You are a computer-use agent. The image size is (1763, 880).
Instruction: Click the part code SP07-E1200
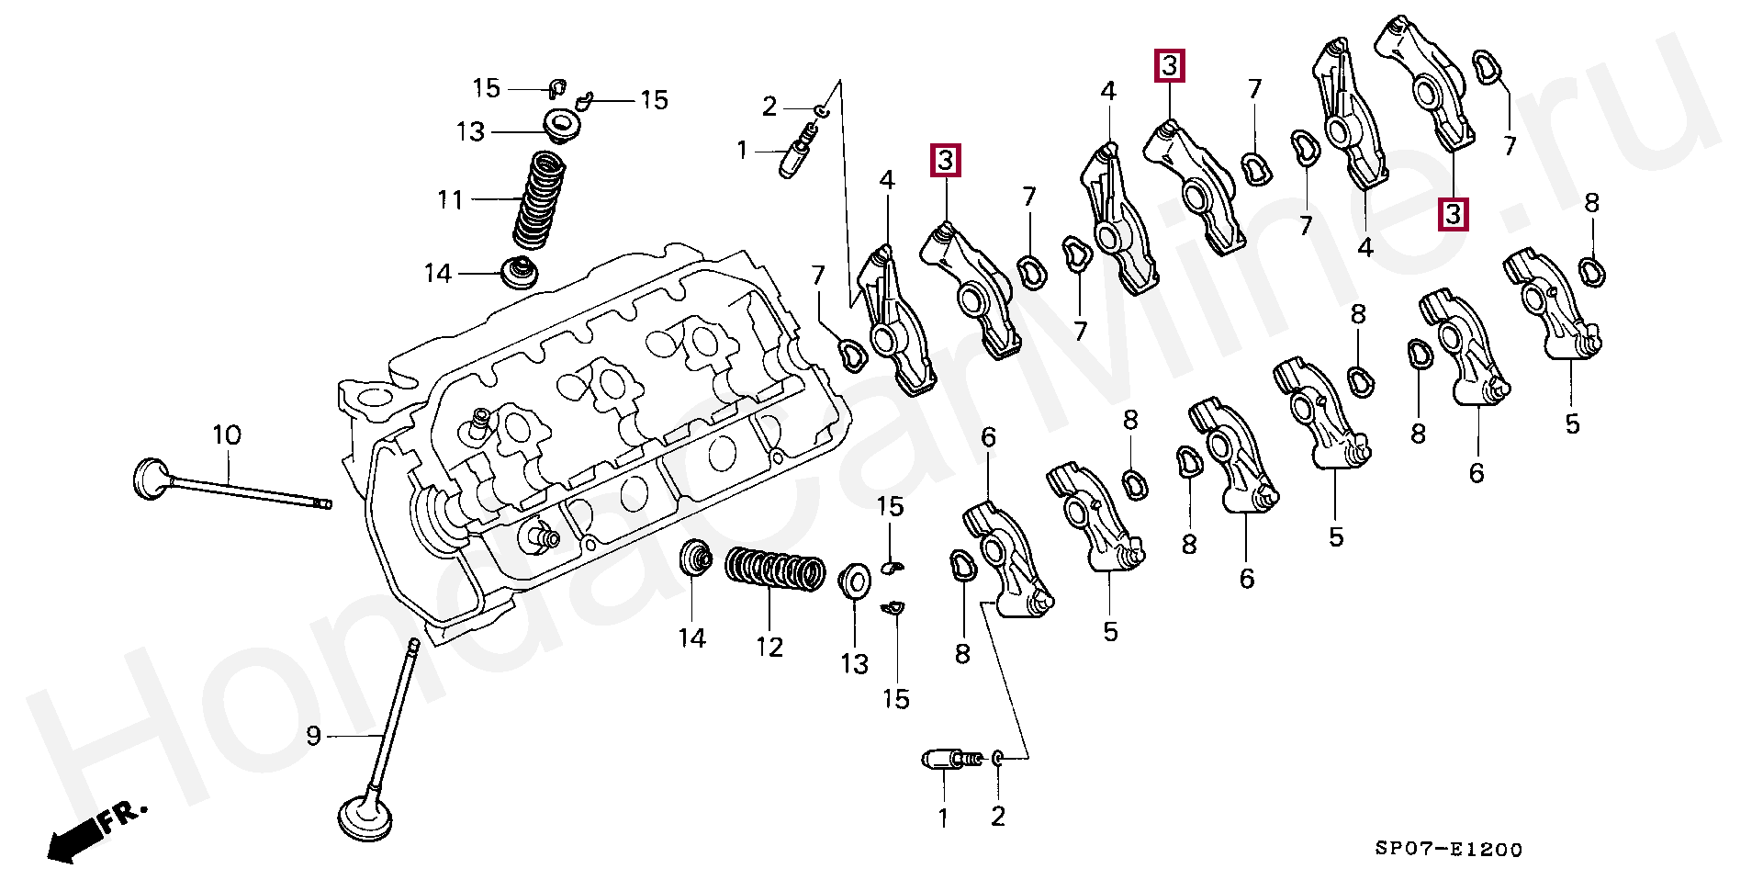1448,850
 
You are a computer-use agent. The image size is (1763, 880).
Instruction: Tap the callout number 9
314,736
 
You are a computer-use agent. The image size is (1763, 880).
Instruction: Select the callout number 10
227,435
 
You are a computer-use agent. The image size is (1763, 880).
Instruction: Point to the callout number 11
450,199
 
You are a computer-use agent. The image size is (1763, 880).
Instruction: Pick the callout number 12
769,648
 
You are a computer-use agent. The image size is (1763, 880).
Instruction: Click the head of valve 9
365,819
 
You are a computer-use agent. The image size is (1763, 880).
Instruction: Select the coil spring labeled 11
538,199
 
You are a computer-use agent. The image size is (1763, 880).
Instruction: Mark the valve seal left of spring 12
695,558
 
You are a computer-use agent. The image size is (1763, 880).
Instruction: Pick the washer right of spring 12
856,581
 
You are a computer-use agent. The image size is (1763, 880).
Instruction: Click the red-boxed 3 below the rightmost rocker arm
1453,214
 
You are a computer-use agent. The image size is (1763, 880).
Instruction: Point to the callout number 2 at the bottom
998,817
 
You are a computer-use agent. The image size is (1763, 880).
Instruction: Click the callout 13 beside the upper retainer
470,132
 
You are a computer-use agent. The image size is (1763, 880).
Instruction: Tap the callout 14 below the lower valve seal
691,638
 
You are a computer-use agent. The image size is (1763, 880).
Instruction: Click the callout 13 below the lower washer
854,663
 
